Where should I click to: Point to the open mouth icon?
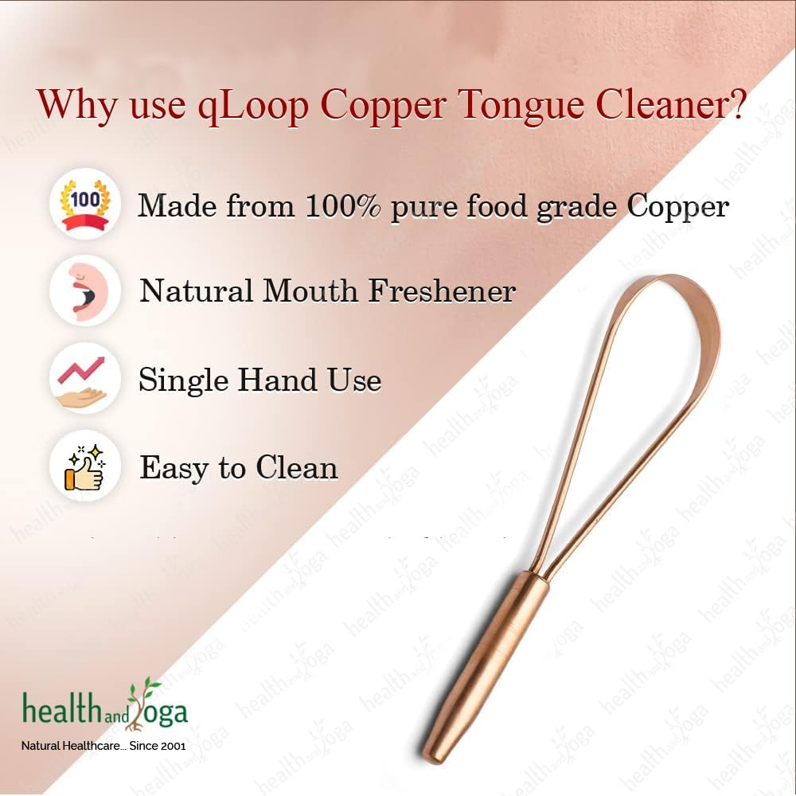84,290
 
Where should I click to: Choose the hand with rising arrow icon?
84,378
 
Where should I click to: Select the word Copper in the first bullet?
677,207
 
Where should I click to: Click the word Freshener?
441,291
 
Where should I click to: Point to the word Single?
183,380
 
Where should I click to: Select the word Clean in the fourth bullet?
296,467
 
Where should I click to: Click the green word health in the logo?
59,708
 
